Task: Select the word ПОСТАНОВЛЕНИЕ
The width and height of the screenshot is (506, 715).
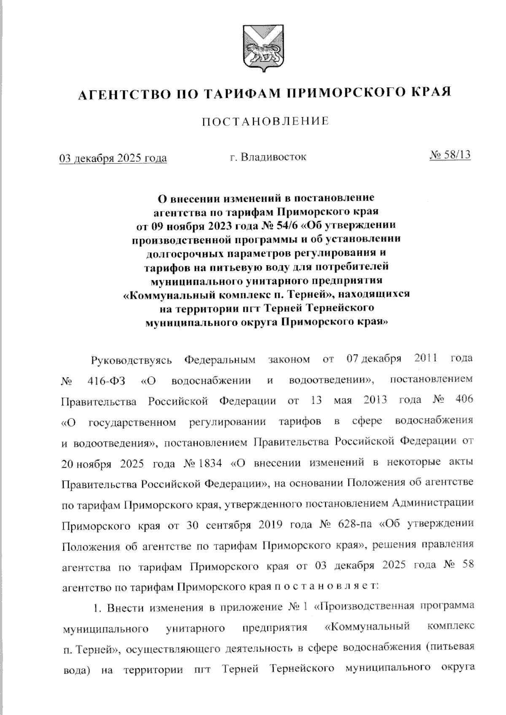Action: click(265, 122)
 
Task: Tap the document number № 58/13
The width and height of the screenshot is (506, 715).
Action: click(449, 155)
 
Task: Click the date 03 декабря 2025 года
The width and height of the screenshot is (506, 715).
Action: click(113, 158)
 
